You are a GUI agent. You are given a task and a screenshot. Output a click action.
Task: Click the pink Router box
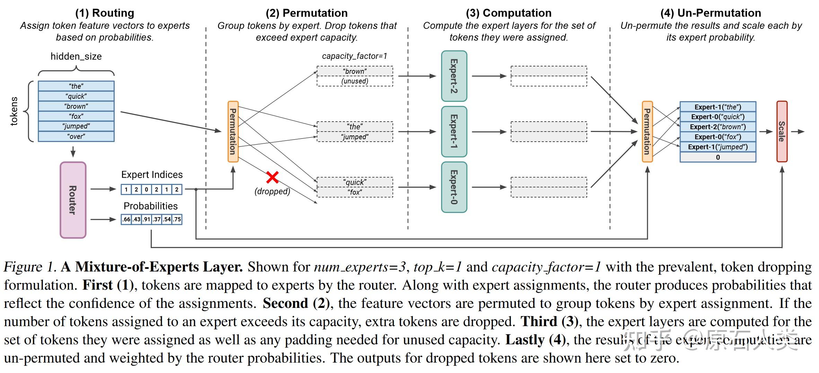point(73,200)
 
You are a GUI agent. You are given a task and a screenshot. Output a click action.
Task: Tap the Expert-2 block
point(454,76)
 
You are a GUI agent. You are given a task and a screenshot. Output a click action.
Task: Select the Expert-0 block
point(454,187)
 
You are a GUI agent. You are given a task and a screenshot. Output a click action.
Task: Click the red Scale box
point(782,132)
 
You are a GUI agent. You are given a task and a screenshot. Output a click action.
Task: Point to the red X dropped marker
point(272,177)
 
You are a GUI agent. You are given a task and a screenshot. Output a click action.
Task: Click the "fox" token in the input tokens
point(76,116)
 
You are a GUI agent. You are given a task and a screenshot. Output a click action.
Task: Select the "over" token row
point(76,136)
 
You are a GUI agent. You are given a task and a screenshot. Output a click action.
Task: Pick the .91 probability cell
point(147,219)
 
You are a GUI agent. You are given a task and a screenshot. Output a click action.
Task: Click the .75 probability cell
point(177,219)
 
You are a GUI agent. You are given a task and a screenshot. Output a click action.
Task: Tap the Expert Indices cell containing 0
point(147,189)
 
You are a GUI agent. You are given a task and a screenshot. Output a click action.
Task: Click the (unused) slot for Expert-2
point(355,81)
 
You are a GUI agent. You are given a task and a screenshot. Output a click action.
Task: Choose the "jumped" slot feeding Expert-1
point(355,137)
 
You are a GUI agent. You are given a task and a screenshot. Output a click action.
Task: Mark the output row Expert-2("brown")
point(718,127)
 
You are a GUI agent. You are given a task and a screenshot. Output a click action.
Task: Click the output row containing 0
point(718,157)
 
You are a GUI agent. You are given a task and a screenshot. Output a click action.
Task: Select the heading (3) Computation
point(509,13)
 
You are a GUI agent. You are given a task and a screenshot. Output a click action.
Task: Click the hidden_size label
point(76,56)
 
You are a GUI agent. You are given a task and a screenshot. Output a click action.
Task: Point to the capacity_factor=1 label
point(354,56)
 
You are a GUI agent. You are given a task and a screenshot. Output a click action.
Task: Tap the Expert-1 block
point(454,132)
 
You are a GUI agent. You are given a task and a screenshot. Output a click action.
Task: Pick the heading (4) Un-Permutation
point(711,13)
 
